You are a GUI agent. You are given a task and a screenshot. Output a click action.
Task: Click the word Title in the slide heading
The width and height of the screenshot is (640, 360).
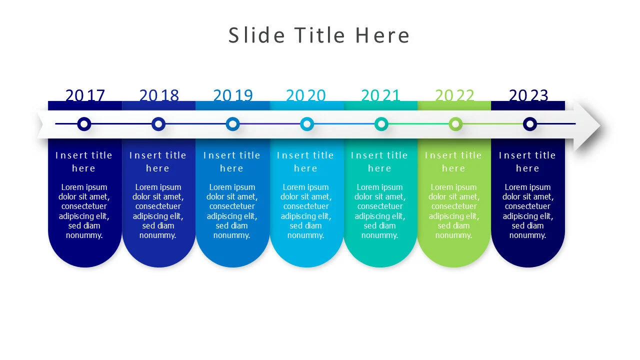[319, 35]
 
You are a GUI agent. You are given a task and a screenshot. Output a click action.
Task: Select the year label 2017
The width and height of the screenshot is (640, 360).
[85, 95]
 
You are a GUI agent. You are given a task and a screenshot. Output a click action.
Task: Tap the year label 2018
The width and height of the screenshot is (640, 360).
[159, 95]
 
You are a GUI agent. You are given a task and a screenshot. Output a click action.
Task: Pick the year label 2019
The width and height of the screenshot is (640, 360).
[233, 95]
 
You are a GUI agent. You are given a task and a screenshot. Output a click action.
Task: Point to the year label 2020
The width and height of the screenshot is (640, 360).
[306, 95]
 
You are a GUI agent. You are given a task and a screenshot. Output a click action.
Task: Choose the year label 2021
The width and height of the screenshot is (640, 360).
[380, 95]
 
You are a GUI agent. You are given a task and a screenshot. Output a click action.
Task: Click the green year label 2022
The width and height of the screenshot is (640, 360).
[454, 95]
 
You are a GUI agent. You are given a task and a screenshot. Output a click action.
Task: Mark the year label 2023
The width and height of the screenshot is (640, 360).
[528, 95]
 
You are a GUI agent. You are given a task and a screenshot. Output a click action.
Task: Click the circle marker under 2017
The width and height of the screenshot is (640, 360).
[84, 124]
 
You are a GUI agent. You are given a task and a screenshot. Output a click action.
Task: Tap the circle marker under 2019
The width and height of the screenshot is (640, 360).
[232, 124]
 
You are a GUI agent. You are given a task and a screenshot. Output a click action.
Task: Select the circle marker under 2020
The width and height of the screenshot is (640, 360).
[307, 124]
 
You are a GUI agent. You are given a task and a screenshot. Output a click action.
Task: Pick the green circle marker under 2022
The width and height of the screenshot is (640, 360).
[455, 124]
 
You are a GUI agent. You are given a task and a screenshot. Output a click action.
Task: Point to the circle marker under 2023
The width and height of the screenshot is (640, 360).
[529, 124]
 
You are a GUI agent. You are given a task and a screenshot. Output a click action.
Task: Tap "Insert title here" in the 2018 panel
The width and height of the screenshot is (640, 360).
[158, 161]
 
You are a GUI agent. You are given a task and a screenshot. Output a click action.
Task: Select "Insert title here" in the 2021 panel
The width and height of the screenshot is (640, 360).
[380, 161]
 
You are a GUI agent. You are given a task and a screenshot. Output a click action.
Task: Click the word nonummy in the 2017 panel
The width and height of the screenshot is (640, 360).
[84, 235]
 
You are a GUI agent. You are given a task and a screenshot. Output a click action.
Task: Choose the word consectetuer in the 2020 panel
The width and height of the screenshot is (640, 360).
[306, 206]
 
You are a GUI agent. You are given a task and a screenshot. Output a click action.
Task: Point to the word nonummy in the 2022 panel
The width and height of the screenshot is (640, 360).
[453, 235]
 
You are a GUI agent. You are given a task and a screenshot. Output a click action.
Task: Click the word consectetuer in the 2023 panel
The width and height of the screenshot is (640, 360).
[527, 206]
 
